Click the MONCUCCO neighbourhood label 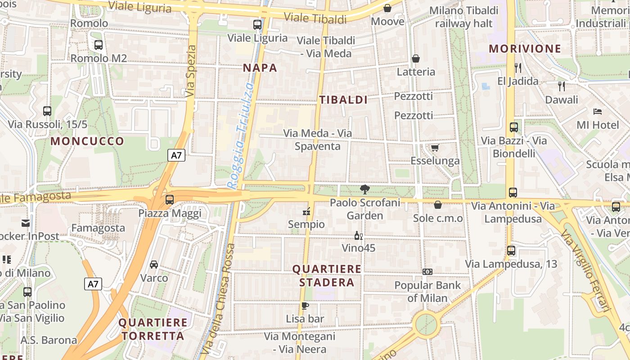point(87,141)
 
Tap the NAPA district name point(260,68)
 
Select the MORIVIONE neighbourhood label point(525,49)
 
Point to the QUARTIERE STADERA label point(327,276)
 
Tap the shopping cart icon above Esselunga point(435,148)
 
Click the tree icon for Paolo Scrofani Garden point(365,189)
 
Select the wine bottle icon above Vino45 point(358,235)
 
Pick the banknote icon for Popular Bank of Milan point(427,272)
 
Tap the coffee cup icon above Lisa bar point(305,306)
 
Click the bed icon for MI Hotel point(598,112)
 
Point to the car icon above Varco point(154,265)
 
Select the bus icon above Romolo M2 point(99,45)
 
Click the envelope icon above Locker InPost point(25,223)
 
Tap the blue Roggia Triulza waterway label point(241,135)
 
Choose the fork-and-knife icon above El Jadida point(518,68)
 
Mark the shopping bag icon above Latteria point(416,58)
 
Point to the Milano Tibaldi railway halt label point(464,17)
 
